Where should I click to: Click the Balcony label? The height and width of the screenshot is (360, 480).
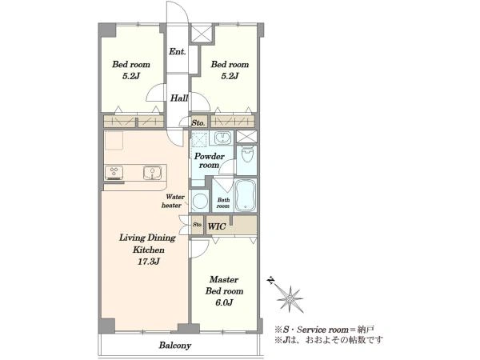click(175, 346)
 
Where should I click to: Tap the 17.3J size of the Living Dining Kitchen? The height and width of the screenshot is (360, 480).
click(148, 262)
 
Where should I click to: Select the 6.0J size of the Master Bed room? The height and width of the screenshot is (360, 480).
click(224, 302)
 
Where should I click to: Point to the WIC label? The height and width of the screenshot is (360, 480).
click(217, 226)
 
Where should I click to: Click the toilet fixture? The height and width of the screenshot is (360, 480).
click(247, 155)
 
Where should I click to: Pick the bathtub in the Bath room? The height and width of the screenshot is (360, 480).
click(246, 194)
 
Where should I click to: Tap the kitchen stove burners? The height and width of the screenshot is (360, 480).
click(114, 173)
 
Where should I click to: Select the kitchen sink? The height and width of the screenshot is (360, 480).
click(152, 173)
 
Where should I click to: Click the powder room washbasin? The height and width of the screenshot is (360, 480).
click(222, 138)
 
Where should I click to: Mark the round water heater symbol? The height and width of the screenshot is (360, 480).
click(200, 201)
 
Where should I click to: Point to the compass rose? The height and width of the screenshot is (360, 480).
click(290, 298)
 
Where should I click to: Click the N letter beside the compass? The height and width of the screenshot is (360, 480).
click(270, 281)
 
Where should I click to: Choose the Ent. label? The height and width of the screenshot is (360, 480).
click(178, 52)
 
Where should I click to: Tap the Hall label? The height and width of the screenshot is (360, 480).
click(179, 98)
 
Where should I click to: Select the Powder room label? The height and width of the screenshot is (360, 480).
click(210, 161)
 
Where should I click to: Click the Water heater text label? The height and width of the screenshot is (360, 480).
click(173, 201)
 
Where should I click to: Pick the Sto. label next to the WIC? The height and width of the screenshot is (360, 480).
click(198, 224)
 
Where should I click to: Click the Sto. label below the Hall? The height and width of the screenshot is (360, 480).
click(198, 123)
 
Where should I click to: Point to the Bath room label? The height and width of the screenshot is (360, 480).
click(223, 203)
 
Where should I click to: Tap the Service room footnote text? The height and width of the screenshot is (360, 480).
click(324, 330)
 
